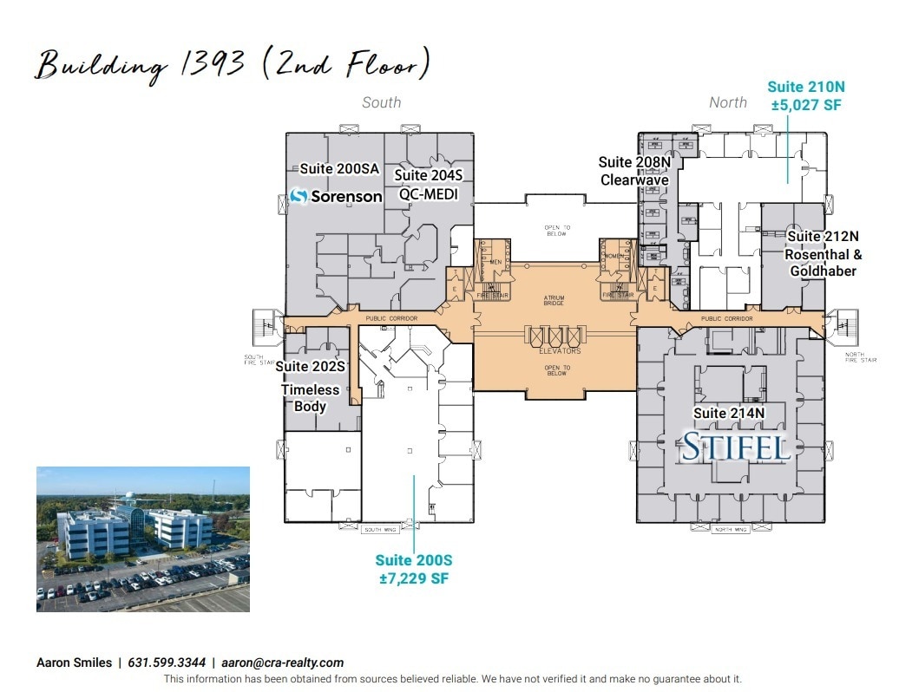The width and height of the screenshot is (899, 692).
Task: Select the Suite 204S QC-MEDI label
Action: [x=428, y=185]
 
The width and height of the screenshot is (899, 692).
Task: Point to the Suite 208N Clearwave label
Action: [x=634, y=172]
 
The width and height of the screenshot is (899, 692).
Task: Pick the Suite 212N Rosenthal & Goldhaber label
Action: [x=822, y=253]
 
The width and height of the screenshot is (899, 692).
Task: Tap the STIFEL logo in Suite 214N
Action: [x=735, y=447]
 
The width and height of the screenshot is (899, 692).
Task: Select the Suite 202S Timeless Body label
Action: [x=310, y=387]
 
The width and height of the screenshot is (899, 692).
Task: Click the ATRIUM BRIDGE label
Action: [x=554, y=301]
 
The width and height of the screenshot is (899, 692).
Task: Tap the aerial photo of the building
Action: [x=142, y=539]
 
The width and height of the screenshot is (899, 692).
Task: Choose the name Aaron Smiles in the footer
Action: [x=74, y=663]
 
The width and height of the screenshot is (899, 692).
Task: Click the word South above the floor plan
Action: [x=381, y=102]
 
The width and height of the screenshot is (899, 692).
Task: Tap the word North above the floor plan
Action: [x=727, y=102]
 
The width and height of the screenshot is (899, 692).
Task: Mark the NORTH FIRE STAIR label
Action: [x=861, y=358]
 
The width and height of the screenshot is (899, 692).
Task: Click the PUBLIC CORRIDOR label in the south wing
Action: [x=391, y=319]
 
